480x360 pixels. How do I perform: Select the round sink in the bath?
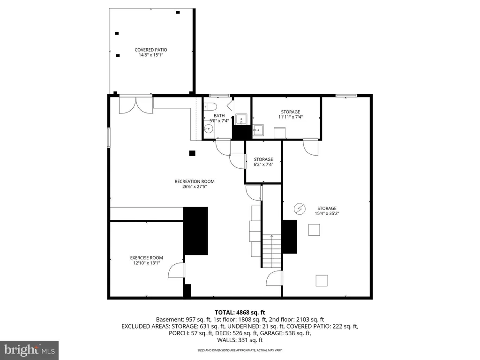[209, 128]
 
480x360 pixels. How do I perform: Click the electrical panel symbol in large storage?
[300, 209]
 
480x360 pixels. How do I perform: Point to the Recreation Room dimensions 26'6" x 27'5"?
[195, 186]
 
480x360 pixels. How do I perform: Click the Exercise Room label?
[146, 258]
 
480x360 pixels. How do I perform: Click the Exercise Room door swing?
[176, 270]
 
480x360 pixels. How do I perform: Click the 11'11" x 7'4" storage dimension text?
[291, 117]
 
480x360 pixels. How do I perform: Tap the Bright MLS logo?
[30, 350]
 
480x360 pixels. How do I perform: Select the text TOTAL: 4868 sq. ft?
[240, 313]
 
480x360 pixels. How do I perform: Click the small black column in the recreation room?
[192, 153]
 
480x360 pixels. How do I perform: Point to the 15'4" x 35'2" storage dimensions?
[327, 213]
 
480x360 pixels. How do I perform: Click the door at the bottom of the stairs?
[274, 278]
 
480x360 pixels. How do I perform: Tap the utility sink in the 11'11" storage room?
[258, 130]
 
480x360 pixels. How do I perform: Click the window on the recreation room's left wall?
[109, 138]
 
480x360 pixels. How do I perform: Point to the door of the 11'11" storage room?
[311, 148]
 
